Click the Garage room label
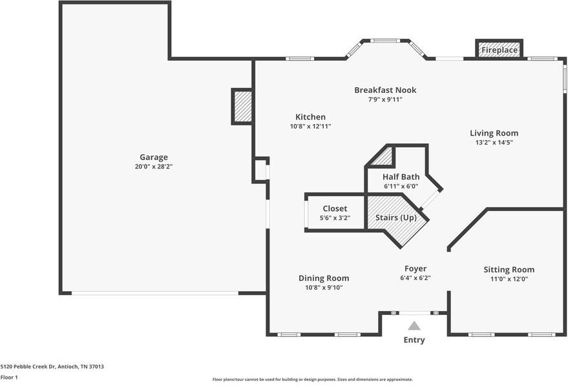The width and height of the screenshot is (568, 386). click(154, 157)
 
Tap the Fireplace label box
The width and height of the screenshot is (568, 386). click(499, 50)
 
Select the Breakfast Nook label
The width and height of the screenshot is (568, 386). click(385, 90)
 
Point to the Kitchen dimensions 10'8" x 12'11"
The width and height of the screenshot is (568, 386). click(310, 127)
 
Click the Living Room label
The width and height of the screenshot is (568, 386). click(494, 133)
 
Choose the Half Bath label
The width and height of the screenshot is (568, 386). click(401, 177)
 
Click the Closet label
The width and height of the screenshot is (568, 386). click(335, 208)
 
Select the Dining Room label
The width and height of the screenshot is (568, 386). click(324, 278)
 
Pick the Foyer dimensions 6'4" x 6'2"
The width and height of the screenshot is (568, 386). click(415, 278)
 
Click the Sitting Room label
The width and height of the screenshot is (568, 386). click(509, 270)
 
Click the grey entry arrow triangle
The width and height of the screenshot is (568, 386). click(414, 326)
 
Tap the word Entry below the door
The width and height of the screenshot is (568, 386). click(414, 340)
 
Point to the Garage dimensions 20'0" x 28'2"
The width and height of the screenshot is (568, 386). click(154, 167)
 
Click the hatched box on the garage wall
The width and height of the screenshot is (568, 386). click(242, 107)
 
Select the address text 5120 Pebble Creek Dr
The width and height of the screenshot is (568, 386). click(52, 367)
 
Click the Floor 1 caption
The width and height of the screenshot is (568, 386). click(9, 377)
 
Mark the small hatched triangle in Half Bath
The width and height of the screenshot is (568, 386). click(385, 157)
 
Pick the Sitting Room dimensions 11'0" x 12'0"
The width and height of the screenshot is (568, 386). click(509, 279)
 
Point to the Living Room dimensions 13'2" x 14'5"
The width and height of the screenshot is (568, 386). click(494, 143)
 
